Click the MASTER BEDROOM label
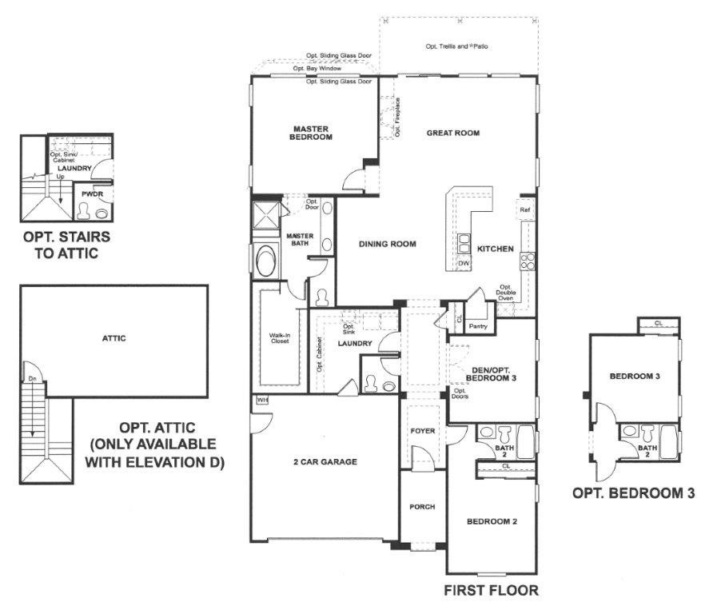pyautogui.click(x=311, y=133)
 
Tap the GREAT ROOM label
pyautogui.click(x=453, y=133)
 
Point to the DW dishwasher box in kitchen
pyautogui.click(x=464, y=263)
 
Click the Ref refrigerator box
pyautogui.click(x=525, y=209)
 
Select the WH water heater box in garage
pyautogui.click(x=262, y=400)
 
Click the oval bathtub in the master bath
pyautogui.click(x=266, y=261)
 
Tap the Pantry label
pyautogui.click(x=478, y=326)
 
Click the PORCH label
pyautogui.click(x=422, y=507)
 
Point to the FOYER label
pyautogui.click(x=423, y=431)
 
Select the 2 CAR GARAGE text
pyautogui.click(x=325, y=461)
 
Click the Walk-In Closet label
pyautogui.click(x=280, y=338)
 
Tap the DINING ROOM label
pyautogui.click(x=387, y=244)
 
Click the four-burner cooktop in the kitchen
pyautogui.click(x=527, y=261)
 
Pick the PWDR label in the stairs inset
pyautogui.click(x=92, y=194)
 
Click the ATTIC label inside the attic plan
pyautogui.click(x=114, y=338)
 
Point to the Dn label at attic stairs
pyautogui.click(x=32, y=379)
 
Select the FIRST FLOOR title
pyautogui.click(x=491, y=590)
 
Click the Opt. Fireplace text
pyautogui.click(x=397, y=118)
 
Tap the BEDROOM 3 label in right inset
pyautogui.click(x=635, y=376)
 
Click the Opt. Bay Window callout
pyautogui.click(x=317, y=69)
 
